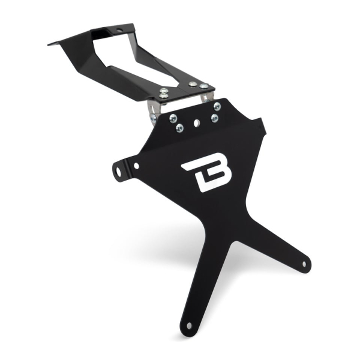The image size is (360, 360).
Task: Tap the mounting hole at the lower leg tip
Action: point(189,326)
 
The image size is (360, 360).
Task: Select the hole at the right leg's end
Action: point(304,263)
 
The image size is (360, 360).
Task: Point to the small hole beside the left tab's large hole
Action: point(136,166)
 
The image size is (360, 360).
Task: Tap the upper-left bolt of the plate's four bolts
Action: point(173,118)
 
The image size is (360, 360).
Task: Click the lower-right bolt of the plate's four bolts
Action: point(214,118)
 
